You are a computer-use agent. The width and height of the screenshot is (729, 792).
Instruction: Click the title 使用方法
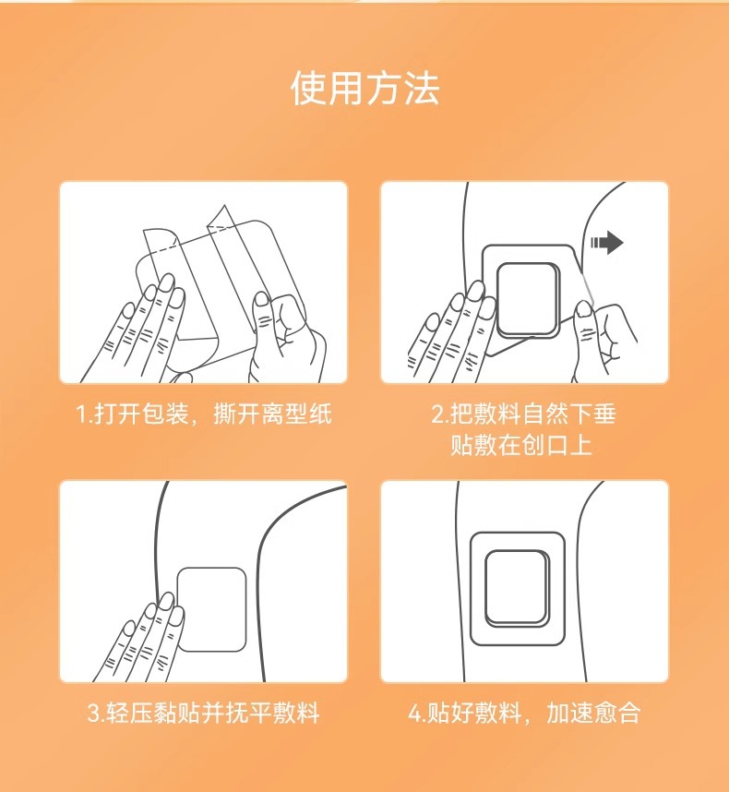[365, 89]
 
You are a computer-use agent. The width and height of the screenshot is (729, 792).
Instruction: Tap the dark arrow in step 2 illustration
[607, 243]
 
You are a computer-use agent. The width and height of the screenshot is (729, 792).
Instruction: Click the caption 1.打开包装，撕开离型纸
[203, 414]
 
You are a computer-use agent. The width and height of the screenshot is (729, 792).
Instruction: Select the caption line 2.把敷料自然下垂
[523, 414]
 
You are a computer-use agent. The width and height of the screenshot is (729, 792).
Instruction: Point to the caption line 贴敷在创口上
[521, 445]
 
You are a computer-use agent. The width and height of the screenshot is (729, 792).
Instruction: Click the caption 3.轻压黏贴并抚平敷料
[203, 713]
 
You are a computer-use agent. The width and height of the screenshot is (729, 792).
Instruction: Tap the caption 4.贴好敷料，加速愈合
[524, 713]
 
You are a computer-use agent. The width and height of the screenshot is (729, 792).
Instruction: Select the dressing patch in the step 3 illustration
[211, 609]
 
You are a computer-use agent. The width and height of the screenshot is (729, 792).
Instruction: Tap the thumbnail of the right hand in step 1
[261, 299]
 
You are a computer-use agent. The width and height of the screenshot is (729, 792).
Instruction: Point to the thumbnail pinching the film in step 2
[583, 308]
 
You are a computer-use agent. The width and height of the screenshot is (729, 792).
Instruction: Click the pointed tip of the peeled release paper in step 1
[224, 205]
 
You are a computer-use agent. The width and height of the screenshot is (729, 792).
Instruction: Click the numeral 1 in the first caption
[81, 414]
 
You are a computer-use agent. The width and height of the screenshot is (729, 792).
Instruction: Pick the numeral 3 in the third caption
[94, 714]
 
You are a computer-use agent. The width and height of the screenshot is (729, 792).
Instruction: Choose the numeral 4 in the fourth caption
[415, 714]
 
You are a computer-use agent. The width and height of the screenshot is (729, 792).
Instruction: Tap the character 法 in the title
[422, 89]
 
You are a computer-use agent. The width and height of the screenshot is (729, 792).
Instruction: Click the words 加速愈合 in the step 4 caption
[593, 713]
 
